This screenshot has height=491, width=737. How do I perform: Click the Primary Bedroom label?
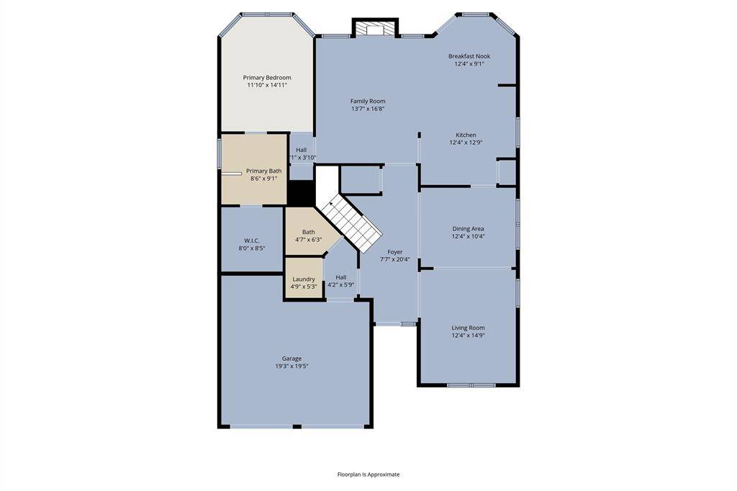267,78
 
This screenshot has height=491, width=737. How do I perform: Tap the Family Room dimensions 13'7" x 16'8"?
368,109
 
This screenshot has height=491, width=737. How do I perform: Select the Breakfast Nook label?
469,56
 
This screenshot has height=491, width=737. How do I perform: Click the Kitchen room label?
466,135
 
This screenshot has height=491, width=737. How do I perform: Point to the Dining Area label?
468,228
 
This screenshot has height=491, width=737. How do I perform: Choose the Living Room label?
468,328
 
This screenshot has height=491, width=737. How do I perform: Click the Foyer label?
395,252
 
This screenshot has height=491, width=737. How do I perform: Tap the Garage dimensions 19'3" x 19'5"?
292,366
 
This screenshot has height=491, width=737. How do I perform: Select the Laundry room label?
304,279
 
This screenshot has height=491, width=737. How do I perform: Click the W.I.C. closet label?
252,240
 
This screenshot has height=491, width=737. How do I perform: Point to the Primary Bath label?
263,171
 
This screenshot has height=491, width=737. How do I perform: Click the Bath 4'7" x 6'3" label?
308,235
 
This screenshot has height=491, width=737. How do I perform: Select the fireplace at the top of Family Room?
375,28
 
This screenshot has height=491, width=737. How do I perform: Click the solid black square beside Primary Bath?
301,193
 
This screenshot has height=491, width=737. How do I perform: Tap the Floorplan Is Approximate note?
368,474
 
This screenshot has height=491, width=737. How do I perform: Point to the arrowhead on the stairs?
331,204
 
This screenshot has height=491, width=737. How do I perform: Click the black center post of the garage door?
297,427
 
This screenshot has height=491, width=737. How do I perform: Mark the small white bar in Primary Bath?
232,174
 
